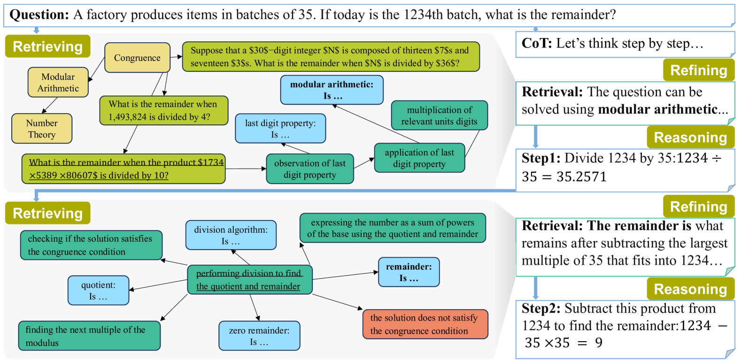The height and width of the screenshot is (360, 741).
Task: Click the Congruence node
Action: [x=137, y=58]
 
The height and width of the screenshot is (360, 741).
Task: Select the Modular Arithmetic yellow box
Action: [x=58, y=83]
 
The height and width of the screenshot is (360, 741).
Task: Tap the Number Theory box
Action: [x=42, y=129]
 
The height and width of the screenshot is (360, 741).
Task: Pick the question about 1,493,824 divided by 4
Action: [x=163, y=111]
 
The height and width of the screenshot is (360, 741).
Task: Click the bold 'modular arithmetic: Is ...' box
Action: [x=332, y=90]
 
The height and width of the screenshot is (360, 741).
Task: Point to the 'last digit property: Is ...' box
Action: [x=280, y=129]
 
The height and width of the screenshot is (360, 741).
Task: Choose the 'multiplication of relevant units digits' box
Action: [x=439, y=115]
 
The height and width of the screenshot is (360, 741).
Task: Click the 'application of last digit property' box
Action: [x=419, y=158]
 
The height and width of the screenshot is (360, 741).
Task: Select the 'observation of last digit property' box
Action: [x=309, y=169]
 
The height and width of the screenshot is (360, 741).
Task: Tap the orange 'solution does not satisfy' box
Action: [x=425, y=324]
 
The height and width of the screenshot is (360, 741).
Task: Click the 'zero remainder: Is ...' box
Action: [x=259, y=336]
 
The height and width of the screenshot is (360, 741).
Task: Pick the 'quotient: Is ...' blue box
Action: [x=98, y=291]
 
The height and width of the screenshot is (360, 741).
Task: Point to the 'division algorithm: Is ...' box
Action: [x=231, y=235]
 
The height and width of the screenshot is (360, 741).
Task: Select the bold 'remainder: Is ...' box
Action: [x=409, y=272]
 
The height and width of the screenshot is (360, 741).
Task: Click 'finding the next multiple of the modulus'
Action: [x=89, y=336]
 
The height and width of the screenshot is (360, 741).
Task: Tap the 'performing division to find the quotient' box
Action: [x=249, y=280]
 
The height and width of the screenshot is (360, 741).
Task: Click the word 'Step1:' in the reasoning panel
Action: [x=541, y=159]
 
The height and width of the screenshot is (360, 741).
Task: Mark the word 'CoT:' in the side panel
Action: [x=537, y=44]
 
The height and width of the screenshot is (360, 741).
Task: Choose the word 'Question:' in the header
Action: [x=39, y=15]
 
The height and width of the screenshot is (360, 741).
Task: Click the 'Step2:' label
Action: [x=541, y=309]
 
